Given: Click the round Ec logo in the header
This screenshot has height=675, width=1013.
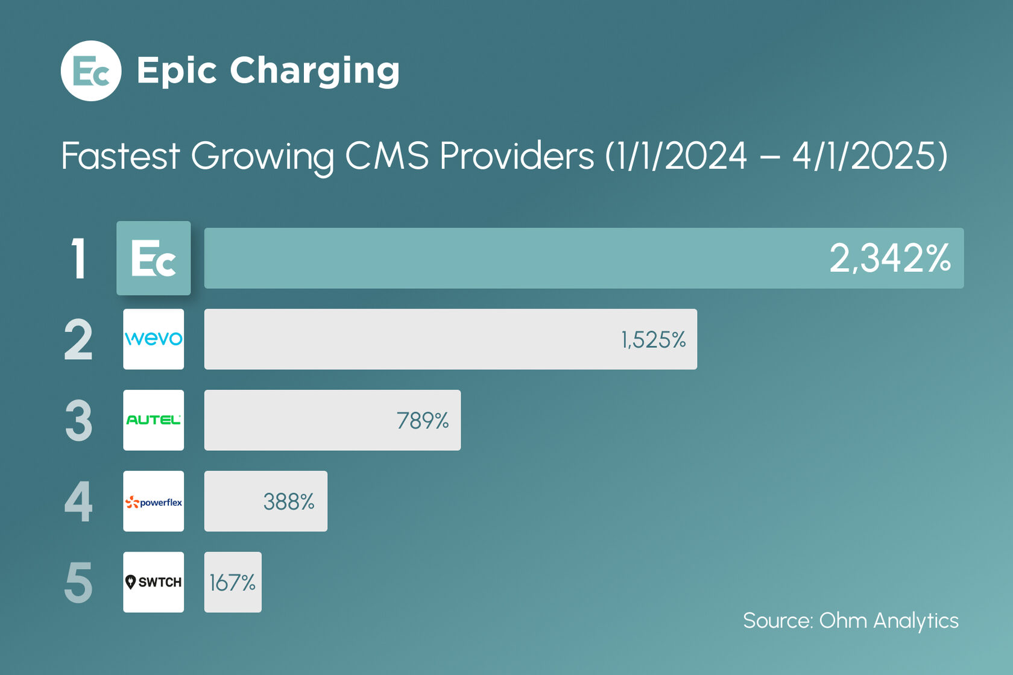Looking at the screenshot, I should click(x=91, y=71).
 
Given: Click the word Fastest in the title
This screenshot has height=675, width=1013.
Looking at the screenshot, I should click(x=121, y=156).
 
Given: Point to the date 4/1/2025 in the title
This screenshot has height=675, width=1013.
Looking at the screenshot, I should click(x=863, y=156).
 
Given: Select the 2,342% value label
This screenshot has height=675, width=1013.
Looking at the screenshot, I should click(x=889, y=259).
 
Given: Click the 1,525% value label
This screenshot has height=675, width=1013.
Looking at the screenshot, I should click(x=654, y=340).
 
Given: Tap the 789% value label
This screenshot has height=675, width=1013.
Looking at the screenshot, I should click(x=423, y=421).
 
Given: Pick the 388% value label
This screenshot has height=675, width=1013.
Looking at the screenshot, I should click(x=289, y=501).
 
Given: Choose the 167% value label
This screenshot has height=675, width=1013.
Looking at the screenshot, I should click(x=233, y=583).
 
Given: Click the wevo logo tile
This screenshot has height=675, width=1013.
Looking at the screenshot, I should click(x=154, y=339).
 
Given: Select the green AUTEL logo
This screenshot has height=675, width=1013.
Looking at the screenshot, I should click(x=154, y=420).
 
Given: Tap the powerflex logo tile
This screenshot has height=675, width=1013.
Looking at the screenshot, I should click(x=154, y=501).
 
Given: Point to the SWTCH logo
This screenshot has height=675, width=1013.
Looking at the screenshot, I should click(x=154, y=582).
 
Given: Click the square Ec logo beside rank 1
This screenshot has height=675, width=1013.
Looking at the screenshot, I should click(x=154, y=259).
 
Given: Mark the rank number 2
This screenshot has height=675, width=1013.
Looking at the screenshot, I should click(x=78, y=340).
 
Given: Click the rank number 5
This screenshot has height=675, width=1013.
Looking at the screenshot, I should click(x=78, y=583).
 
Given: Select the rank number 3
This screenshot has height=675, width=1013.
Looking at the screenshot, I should click(x=78, y=421).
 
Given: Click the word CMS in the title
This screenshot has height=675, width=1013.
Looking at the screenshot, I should click(x=387, y=156).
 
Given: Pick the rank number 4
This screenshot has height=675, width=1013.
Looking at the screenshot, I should click(x=78, y=501).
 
